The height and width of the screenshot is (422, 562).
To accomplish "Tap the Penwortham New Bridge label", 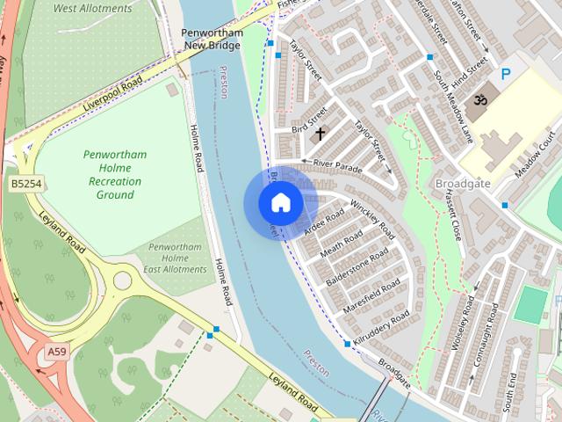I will pyautogui.click(x=212, y=38).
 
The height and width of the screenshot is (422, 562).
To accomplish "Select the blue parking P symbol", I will pyautogui.click(x=506, y=76).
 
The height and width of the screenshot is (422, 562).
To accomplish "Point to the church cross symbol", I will pyautogui.click(x=320, y=134).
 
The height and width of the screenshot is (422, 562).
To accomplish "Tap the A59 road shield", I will pyautogui.click(x=57, y=352).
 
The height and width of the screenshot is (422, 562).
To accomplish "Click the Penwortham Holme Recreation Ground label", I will pyautogui.click(x=115, y=174).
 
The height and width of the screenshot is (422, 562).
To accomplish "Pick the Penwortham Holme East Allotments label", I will pyautogui.click(x=177, y=258).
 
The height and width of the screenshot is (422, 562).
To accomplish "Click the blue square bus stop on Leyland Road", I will pyautogui.click(x=214, y=331).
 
